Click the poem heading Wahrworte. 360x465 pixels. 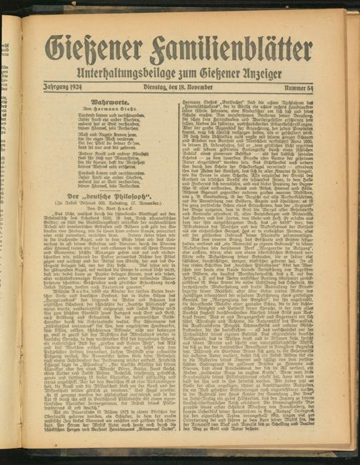coord(105,103)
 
